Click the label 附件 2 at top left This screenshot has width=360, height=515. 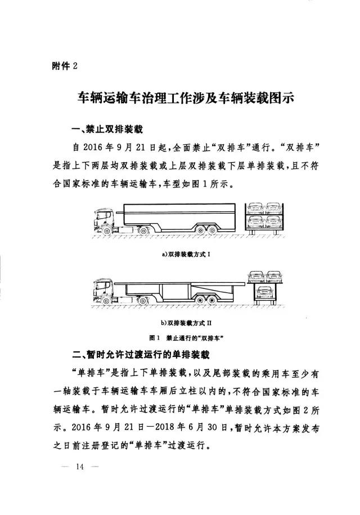(x=63, y=66)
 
